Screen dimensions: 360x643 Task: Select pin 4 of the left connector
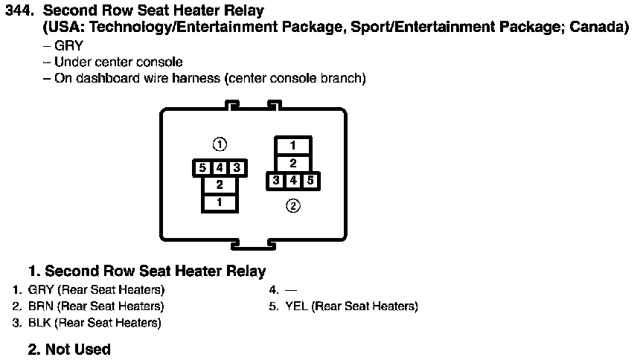tap(220, 168)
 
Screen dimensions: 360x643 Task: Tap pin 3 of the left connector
tap(237, 168)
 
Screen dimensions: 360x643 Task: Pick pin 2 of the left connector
tap(220, 184)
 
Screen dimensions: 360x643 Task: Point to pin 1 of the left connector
tap(220, 202)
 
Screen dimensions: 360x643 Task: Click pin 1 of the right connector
tap(293, 146)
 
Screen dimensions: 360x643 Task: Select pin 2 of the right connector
tap(293, 163)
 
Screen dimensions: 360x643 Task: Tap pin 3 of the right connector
tap(276, 180)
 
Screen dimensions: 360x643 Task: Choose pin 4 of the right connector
tap(293, 180)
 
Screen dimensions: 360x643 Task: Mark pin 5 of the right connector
tap(310, 180)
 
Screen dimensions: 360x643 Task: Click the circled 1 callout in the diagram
tap(220, 144)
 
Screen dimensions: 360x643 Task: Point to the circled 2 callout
tap(293, 206)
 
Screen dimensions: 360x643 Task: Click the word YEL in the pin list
tap(296, 306)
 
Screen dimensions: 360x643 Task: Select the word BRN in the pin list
tap(40, 306)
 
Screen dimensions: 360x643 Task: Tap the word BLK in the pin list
tap(39, 323)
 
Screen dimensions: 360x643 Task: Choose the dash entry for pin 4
tap(291, 289)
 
